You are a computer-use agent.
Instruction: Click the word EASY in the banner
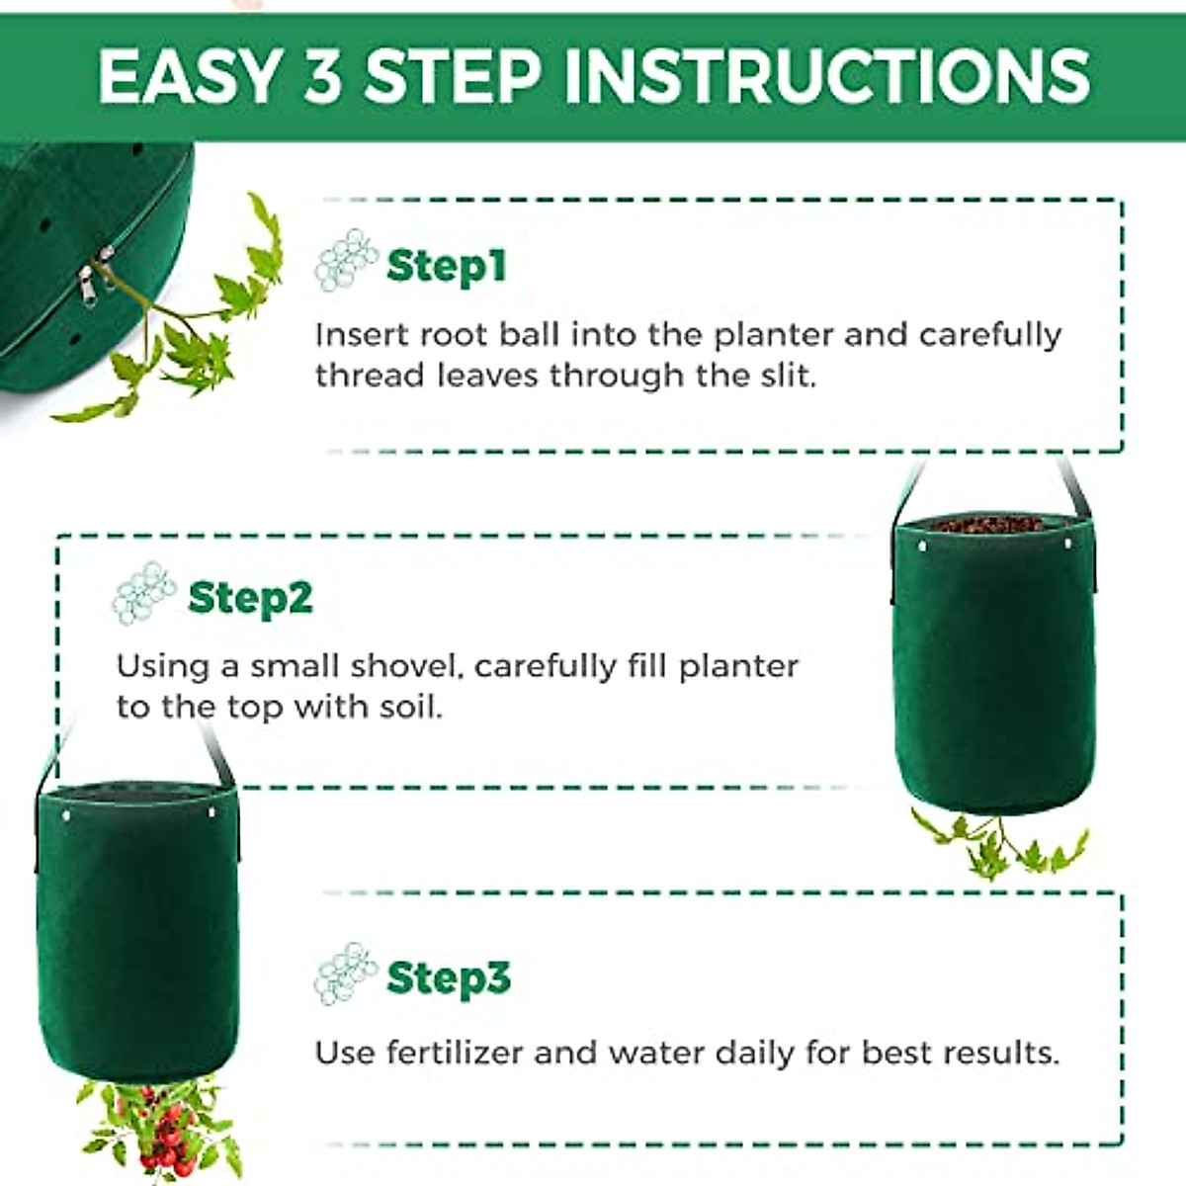click(188, 76)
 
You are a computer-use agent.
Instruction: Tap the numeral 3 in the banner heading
click(322, 76)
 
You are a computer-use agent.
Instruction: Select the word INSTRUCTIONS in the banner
click(826, 76)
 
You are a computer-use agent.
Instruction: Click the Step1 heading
click(446, 266)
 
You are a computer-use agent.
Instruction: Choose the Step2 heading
click(250, 598)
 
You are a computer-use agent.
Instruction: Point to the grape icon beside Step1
click(346, 260)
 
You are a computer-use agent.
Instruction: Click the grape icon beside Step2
click(144, 593)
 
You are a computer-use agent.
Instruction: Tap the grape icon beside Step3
click(346, 973)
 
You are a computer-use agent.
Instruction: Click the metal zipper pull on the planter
click(89, 287)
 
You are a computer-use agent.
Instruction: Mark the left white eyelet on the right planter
click(923, 546)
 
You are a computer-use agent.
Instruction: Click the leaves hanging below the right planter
click(998, 845)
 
